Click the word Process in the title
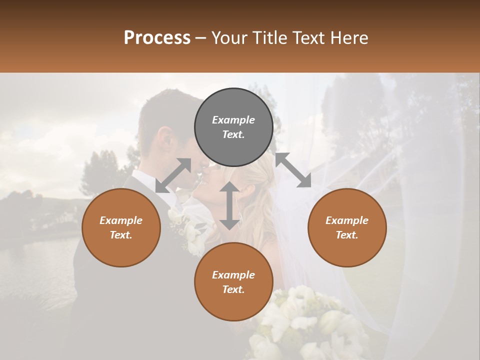click(157, 38)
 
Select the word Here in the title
click(348, 38)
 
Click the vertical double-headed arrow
click(229, 205)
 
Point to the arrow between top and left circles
click(173, 175)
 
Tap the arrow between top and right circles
click(293, 170)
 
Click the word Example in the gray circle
click(233, 120)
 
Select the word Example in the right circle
click(347, 220)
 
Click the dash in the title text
click(200, 38)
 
